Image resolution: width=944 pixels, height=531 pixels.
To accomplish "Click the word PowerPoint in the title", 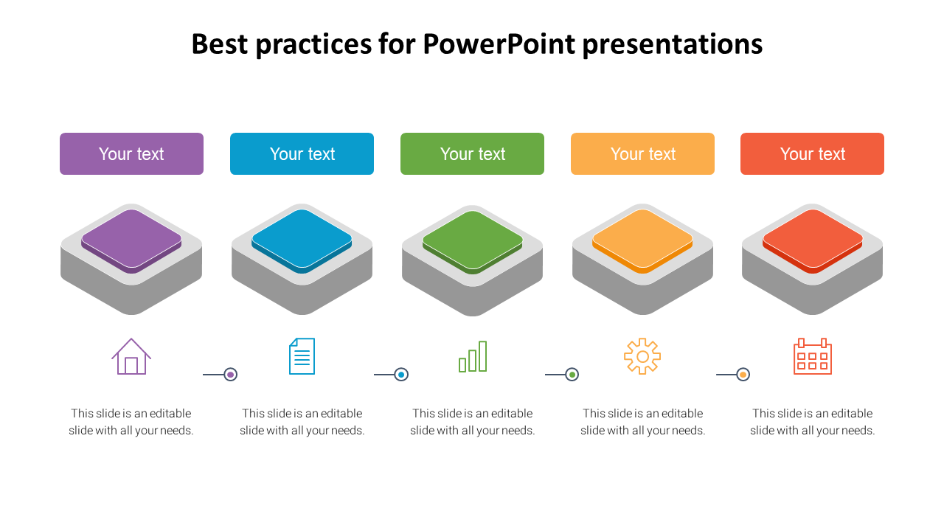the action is pos(499,44).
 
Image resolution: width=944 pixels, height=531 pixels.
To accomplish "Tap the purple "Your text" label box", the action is pos(131,154).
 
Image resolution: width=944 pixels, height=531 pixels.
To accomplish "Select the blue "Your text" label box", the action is pos(302,154).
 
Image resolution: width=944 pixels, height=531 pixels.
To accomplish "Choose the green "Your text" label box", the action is pos(472,154).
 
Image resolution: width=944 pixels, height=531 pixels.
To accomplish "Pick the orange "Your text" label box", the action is pos(642,154).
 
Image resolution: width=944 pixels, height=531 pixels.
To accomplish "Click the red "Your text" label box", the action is pos(812,154).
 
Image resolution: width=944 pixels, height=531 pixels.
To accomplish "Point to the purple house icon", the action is pos(131,356).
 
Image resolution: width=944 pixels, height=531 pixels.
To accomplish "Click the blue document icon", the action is pos(302,356).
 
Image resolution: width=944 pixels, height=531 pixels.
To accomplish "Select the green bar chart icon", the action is pos(473,356).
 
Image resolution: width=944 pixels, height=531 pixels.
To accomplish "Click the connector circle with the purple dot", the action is pos(231,374).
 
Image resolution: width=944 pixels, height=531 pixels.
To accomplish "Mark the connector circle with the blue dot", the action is pos(401,374).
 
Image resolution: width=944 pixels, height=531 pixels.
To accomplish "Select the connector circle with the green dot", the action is pos(572,374).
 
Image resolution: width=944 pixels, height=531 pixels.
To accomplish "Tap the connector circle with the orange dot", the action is pos(743,374).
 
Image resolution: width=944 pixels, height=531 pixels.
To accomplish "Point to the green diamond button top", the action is pos(473,240).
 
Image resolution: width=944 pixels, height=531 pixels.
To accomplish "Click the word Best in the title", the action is pos(220,44).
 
